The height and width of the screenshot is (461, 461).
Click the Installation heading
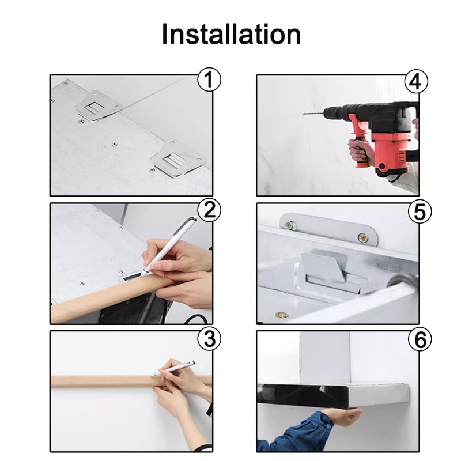[x=231, y=34]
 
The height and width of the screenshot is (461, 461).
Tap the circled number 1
[x=209, y=80]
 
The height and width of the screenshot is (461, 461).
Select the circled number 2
[x=209, y=210]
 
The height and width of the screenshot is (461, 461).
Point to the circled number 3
[x=209, y=339]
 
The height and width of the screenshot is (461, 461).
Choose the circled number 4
[x=416, y=81]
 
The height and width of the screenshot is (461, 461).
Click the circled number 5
[x=420, y=211]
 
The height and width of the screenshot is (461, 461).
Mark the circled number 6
[x=420, y=339]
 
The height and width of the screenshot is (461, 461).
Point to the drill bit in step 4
[x=313, y=113]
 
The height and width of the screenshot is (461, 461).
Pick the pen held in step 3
[x=175, y=368]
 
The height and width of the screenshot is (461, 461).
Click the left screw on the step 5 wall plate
[x=289, y=225]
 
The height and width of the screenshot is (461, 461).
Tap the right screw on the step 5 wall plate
[x=363, y=237]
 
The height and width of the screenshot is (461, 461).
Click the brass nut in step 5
[x=281, y=315]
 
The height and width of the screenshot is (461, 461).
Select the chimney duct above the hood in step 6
[x=325, y=358]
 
